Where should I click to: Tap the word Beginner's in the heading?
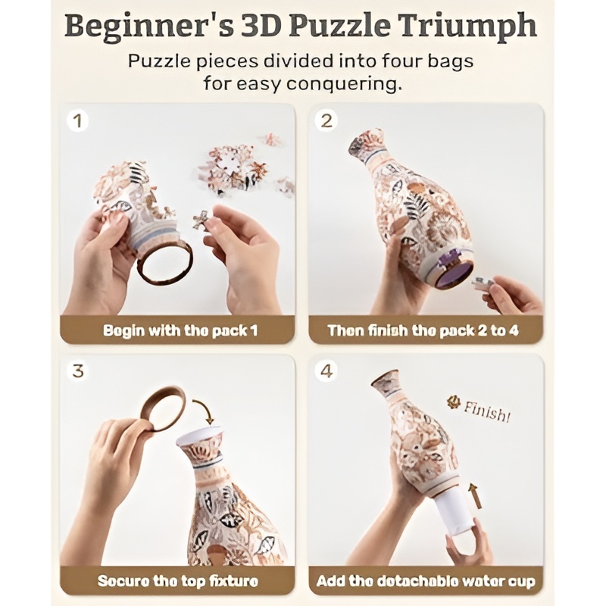pos(149,27)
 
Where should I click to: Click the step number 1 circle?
pos(78,121)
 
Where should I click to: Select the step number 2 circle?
pos(326,121)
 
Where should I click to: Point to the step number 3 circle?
pos(78,371)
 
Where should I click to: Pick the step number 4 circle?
pos(326,371)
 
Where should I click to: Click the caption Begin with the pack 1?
pos(180,331)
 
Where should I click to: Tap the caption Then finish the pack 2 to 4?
pos(423,330)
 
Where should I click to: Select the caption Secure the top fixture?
pos(178,581)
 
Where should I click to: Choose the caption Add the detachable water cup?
pos(426,581)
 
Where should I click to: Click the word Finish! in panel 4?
pos(486,411)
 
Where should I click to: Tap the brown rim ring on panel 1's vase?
pos(165,264)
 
